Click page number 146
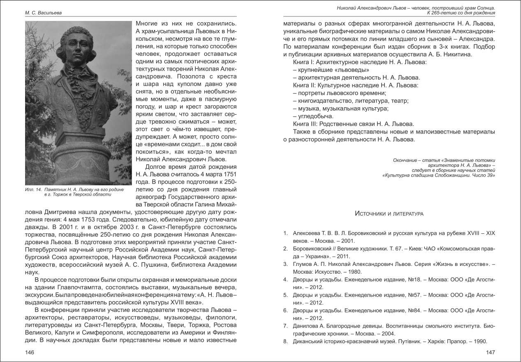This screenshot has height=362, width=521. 29,352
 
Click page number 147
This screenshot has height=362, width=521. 491,352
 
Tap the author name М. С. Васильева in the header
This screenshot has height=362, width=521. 44,13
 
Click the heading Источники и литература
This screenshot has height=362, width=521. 389,214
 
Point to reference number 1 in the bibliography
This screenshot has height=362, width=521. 285,233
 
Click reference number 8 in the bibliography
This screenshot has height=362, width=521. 285,341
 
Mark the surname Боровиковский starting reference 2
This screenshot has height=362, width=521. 314,249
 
